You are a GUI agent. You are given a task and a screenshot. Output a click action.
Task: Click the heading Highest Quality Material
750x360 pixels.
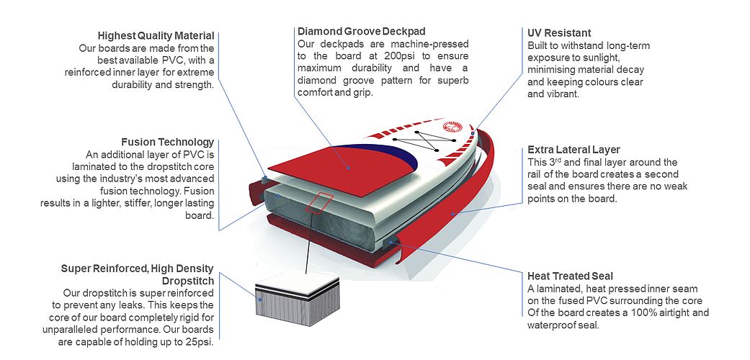point(156,35)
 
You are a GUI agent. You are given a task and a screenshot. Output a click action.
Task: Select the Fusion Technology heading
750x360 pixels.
point(167,142)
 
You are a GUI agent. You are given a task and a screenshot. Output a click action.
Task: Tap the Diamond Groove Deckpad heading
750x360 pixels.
point(361,32)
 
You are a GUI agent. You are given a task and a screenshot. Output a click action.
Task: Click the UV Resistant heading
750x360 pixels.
point(559,33)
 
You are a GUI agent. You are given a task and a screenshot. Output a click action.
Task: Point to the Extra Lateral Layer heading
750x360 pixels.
point(573,150)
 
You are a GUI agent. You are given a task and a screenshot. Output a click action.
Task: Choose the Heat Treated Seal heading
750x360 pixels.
point(570,276)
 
